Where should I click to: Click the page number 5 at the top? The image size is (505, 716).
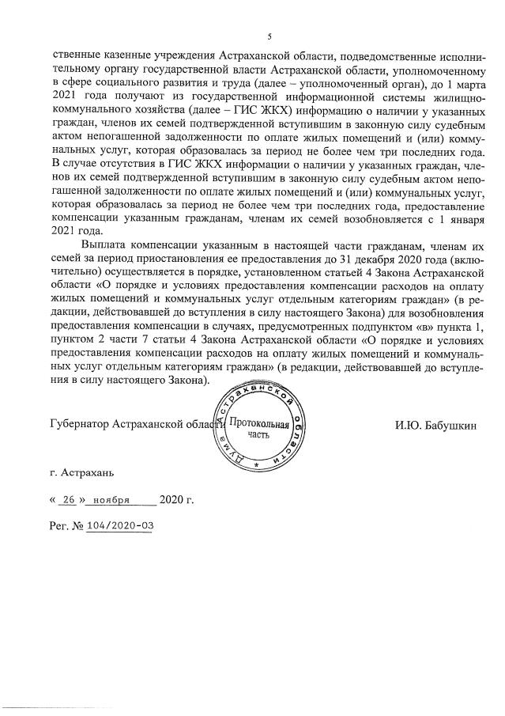tap(269, 36)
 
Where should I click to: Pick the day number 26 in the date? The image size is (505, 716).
tap(70, 500)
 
